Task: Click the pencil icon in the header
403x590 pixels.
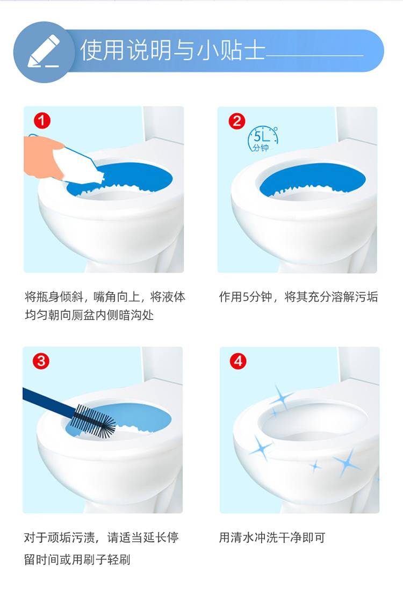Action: [x=44, y=52]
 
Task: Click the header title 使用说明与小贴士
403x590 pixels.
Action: [x=172, y=50]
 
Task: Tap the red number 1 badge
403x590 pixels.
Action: [x=42, y=121]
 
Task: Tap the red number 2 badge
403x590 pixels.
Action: [x=237, y=121]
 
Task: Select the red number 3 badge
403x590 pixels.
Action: [x=41, y=361]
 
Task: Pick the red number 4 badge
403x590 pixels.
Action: [x=238, y=362]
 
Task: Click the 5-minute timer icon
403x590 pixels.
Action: [x=263, y=139]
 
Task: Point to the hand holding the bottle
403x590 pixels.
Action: [x=41, y=156]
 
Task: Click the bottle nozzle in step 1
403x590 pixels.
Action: [x=99, y=177]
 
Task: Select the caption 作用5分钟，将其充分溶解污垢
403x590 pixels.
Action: [x=298, y=296]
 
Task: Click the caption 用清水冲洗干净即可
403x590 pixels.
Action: [x=272, y=537]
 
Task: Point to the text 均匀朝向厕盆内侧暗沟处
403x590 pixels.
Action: [x=89, y=315]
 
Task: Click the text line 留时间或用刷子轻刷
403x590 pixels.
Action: [x=77, y=559]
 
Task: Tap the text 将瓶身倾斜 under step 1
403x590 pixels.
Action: [x=54, y=296]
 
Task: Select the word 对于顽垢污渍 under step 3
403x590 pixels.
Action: [x=59, y=537]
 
